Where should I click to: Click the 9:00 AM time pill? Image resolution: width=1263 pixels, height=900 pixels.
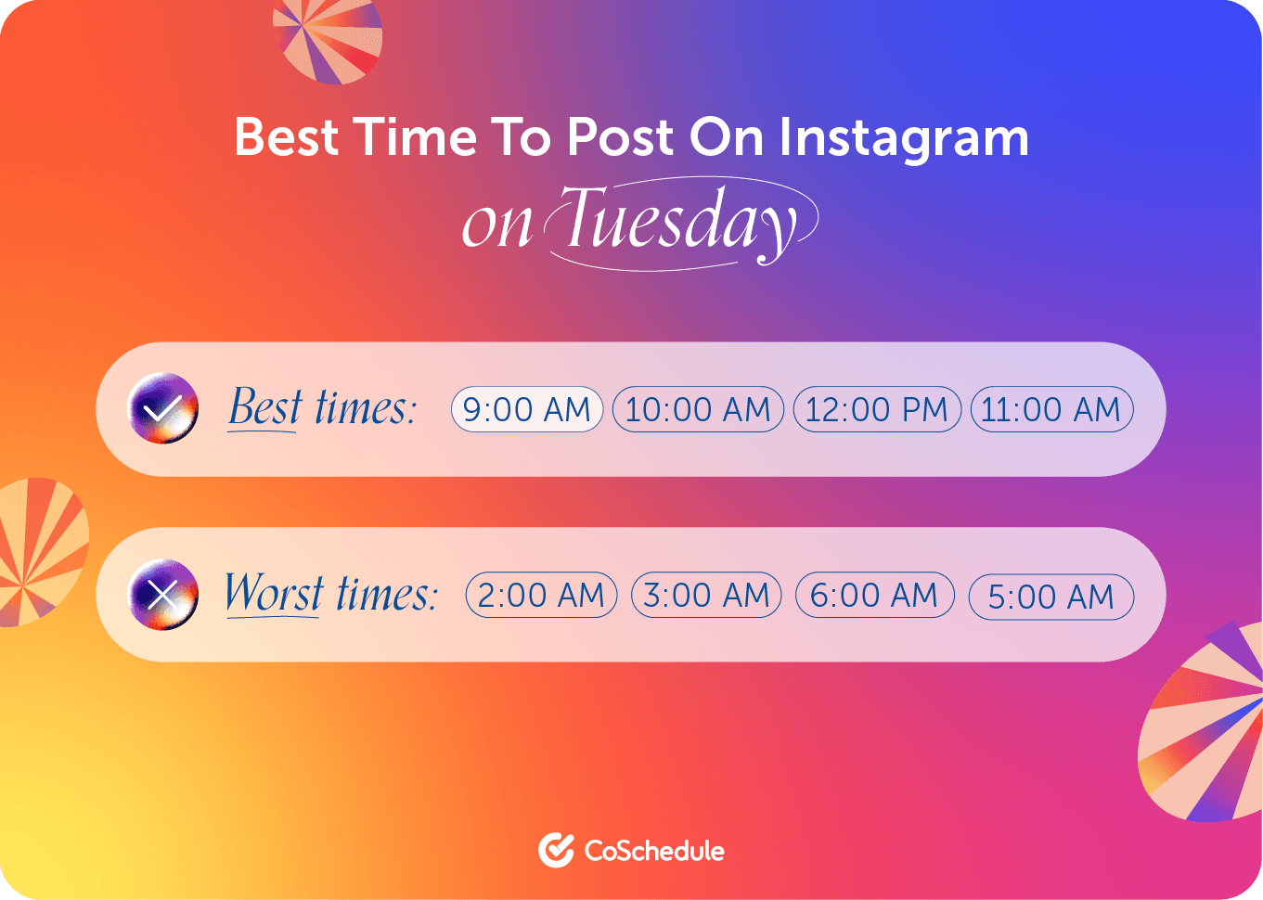(x=526, y=409)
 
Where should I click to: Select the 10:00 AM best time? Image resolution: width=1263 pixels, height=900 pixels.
(x=698, y=409)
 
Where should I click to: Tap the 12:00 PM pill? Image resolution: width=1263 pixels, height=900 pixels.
(x=876, y=409)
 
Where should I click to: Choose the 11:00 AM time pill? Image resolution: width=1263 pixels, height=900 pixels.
(x=1051, y=409)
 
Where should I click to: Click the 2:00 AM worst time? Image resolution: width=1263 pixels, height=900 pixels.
(x=541, y=595)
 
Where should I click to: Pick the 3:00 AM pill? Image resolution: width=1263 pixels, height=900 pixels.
(x=706, y=595)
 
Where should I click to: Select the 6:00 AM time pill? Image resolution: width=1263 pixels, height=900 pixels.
(x=874, y=595)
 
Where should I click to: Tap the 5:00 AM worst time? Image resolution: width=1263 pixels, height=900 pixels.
(x=1051, y=597)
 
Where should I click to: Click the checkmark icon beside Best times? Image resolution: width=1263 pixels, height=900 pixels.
(x=163, y=408)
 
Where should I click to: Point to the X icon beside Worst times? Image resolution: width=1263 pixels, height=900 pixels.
(x=163, y=595)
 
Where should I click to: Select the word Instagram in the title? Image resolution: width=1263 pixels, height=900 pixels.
(x=904, y=138)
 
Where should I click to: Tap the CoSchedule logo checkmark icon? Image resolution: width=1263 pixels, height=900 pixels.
(x=556, y=850)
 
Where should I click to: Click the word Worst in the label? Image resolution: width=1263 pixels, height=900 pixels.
(x=274, y=592)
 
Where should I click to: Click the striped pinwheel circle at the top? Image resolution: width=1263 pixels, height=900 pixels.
(x=328, y=41)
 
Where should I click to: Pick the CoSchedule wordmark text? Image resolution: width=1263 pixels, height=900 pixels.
(x=654, y=851)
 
